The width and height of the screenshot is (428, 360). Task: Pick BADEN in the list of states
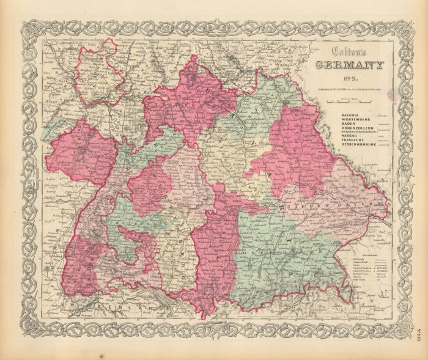coord(338,124)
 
